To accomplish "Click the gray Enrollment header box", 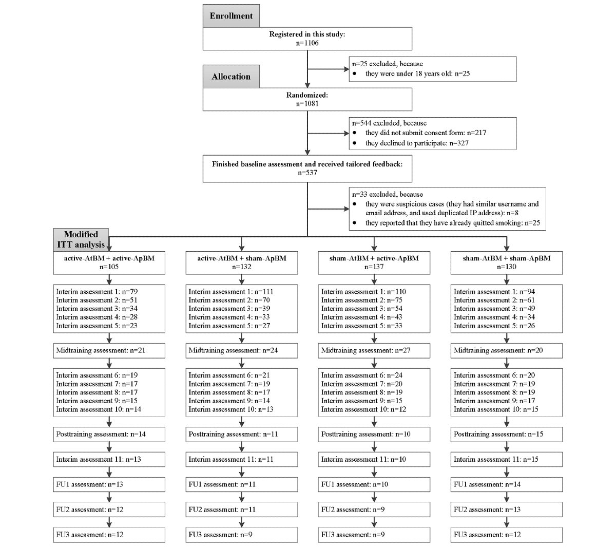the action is point(231,15).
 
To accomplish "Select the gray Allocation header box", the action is point(231,77).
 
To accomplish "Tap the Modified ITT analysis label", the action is point(81,239).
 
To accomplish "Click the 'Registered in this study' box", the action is point(307,39).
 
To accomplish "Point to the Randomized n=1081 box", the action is point(307,99).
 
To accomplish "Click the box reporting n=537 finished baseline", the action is point(307,168).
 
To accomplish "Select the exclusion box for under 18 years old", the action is point(432,69).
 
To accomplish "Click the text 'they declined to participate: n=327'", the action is point(417,143).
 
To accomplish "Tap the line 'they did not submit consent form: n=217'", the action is point(426,133).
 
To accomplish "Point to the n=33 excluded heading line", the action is point(388,194).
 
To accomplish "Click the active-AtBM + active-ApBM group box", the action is point(109,262).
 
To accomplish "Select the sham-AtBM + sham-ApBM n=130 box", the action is point(507,262).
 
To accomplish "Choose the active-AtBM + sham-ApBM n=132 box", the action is point(242,262).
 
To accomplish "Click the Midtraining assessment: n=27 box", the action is point(374,351).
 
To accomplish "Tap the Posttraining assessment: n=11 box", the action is point(242,434).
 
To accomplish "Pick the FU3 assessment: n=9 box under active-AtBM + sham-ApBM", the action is point(242,535).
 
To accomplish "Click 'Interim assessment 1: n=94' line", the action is point(494,292).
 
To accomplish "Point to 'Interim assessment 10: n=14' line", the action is point(99,409).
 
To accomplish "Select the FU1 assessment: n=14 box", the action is point(507,484).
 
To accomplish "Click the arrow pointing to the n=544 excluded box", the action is point(329,133).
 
